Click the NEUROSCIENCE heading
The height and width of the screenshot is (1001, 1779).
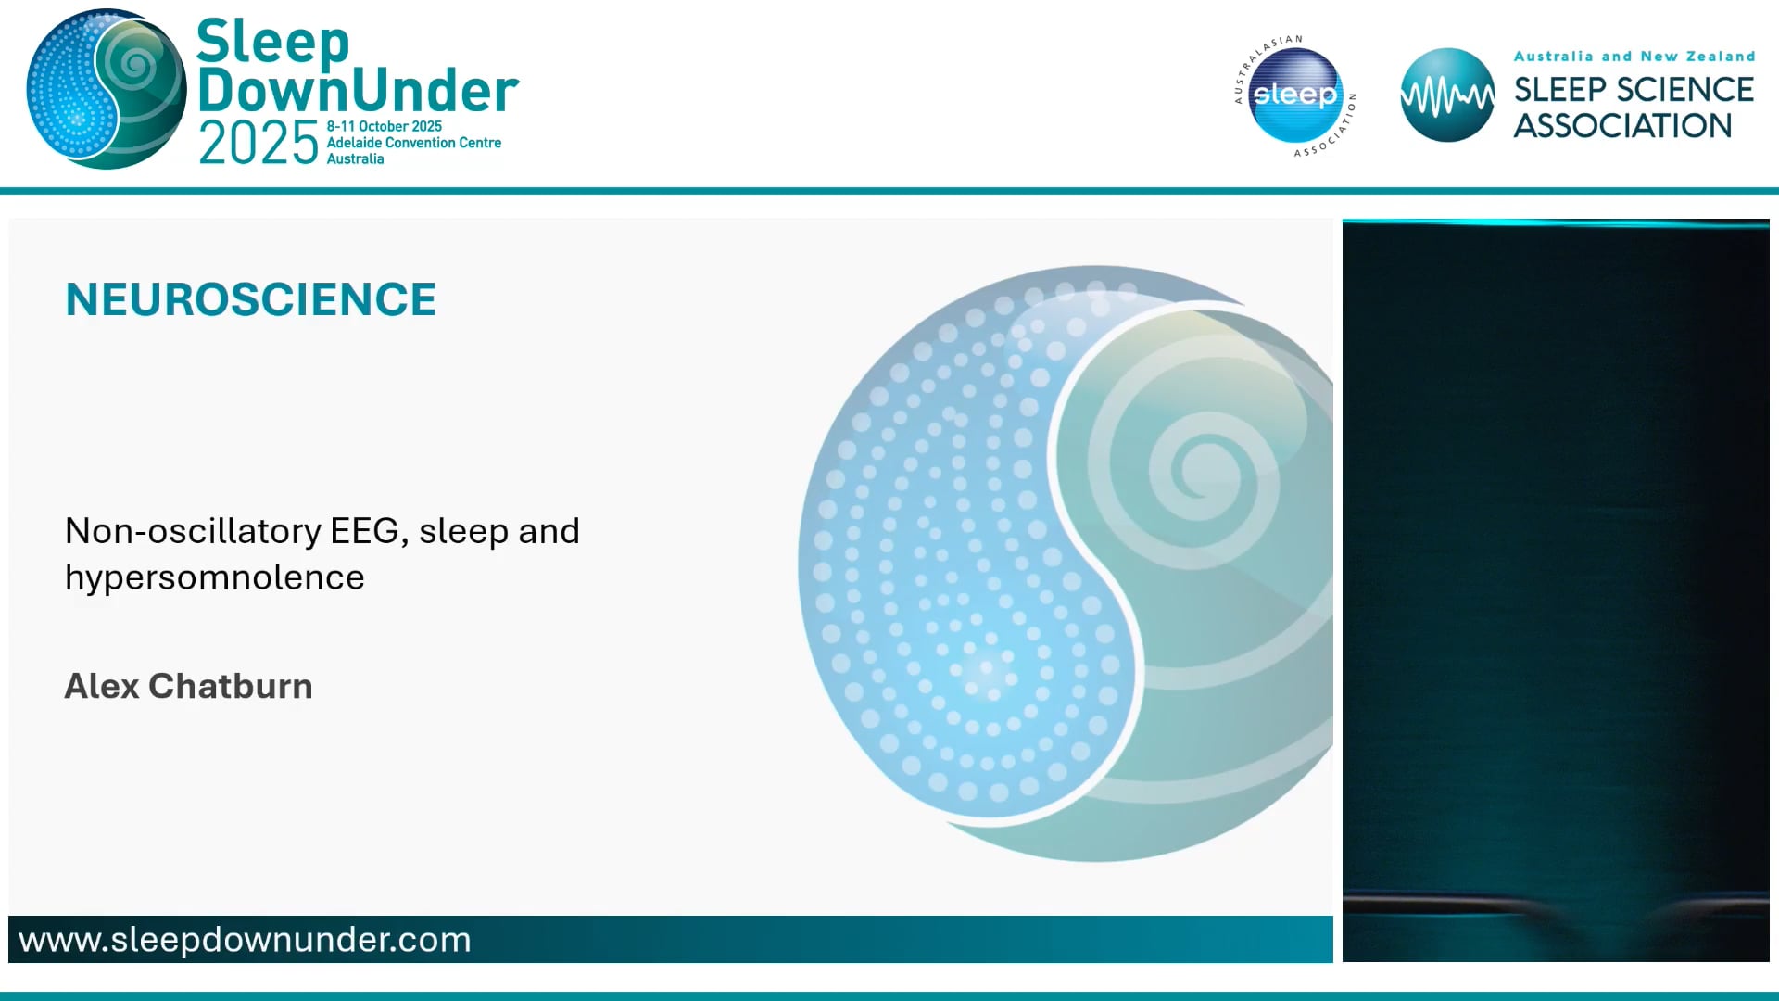pyautogui.click(x=250, y=299)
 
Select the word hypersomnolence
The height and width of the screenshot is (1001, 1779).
pyautogui.click(x=214, y=577)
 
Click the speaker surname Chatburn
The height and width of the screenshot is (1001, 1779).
pyautogui.click(x=230, y=686)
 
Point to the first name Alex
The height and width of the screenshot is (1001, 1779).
pyautogui.click(x=102, y=686)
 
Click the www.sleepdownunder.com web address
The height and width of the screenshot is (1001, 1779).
pyautogui.click(x=245, y=940)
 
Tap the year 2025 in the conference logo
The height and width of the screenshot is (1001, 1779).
pyautogui.click(x=259, y=144)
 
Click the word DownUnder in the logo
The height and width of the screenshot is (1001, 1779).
pyautogui.click(x=358, y=91)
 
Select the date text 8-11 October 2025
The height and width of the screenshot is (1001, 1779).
pyautogui.click(x=384, y=126)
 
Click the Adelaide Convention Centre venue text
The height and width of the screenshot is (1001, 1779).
pyautogui.click(x=413, y=143)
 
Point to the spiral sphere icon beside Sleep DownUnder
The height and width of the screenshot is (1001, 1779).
pyautogui.click(x=106, y=89)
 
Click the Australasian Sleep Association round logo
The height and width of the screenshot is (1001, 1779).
pyautogui.click(x=1295, y=95)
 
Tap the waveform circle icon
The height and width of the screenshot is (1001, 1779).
pyautogui.click(x=1447, y=95)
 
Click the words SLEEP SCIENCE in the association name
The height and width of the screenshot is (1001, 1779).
pyautogui.click(x=1634, y=90)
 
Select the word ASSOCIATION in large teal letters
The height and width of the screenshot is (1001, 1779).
pyautogui.click(x=1622, y=126)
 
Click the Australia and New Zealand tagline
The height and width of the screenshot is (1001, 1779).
pyautogui.click(x=1634, y=57)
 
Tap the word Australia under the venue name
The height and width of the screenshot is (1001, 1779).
pyautogui.click(x=355, y=159)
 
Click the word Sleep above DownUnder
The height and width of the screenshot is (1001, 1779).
pyautogui.click(x=273, y=42)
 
